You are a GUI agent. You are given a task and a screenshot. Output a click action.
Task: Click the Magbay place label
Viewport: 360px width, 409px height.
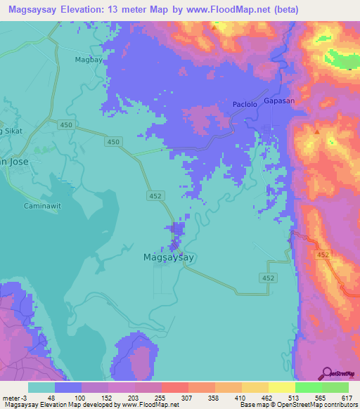click(x=89, y=60)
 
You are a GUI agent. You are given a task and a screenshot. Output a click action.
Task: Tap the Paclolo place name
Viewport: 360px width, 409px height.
click(x=245, y=105)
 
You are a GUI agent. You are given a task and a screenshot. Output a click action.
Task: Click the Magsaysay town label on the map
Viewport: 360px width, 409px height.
click(x=168, y=257)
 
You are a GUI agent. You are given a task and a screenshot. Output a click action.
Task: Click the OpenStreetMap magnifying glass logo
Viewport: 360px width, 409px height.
click(x=327, y=372)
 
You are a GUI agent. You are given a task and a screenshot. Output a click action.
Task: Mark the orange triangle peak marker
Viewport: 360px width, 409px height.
click(x=318, y=131)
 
